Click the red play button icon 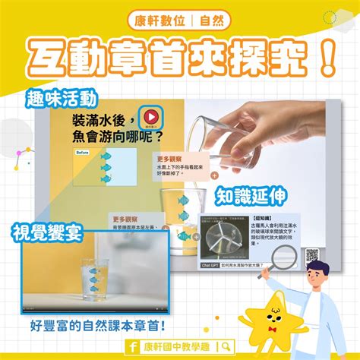(152, 116)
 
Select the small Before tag (84, 153)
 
